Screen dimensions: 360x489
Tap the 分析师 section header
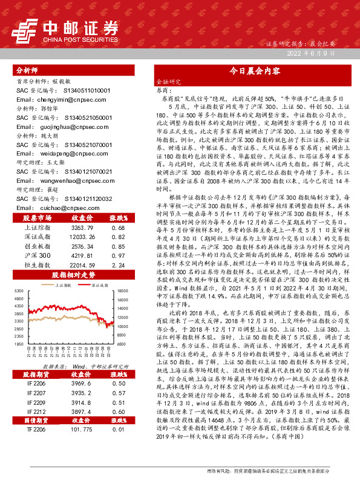[x=27, y=70]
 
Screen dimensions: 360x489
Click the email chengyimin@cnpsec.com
[x=61, y=99]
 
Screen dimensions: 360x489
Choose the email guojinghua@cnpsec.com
[x=61, y=128]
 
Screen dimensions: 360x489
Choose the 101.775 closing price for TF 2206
[x=82, y=446]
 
